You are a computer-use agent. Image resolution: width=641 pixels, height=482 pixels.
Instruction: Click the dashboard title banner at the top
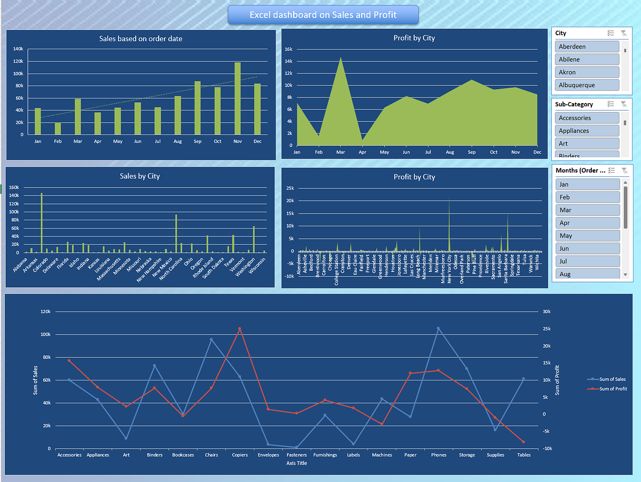[x=323, y=15]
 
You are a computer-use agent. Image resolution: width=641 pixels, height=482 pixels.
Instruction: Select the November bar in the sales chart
[x=237, y=99]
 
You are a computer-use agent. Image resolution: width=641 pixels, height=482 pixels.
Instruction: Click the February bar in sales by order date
[x=58, y=129]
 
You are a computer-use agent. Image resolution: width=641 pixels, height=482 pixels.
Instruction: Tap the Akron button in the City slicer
[x=587, y=72]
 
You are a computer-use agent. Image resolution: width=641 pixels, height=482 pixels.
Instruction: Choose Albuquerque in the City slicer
[x=587, y=85]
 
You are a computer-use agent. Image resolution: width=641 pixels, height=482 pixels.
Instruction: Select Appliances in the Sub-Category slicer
[x=587, y=130]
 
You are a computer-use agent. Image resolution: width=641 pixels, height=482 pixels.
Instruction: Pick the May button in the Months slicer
[x=587, y=236]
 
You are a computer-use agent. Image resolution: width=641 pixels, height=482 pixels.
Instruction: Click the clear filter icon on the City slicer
[x=624, y=33]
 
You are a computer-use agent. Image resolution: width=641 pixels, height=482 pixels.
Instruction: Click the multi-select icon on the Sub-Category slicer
[x=611, y=104]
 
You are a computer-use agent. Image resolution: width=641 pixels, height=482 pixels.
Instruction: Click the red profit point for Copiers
[x=239, y=329]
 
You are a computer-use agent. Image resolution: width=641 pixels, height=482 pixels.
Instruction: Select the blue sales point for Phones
[x=439, y=328]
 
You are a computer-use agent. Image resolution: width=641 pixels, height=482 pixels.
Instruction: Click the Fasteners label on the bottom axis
[x=296, y=455]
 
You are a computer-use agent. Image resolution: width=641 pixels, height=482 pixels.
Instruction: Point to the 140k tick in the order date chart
[x=18, y=49]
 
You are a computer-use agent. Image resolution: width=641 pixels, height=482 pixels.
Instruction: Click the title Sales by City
[x=140, y=176]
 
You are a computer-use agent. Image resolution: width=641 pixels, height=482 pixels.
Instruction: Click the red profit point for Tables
[x=523, y=442]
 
